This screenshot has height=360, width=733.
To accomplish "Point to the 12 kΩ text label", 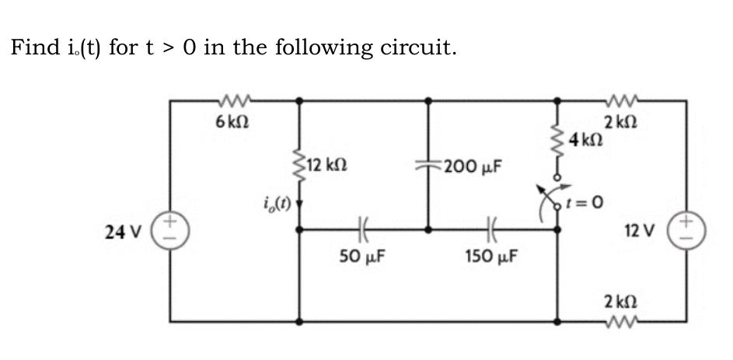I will coord(326,165).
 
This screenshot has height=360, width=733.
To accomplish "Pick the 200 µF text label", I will coord(472,166).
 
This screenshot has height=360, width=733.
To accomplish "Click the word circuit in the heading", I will coord(419,47).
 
